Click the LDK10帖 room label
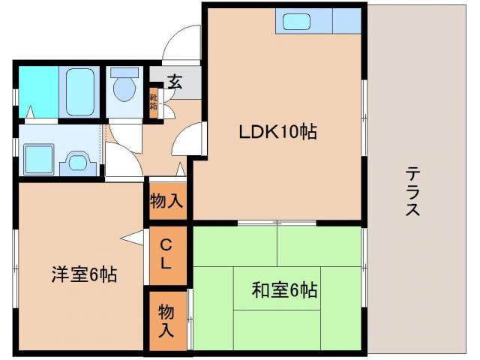[x=277, y=133]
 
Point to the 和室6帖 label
[x=283, y=289]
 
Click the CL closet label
[x=167, y=255]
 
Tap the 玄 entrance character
[x=175, y=81]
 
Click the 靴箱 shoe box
[x=153, y=101]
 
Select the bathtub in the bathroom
[x=78, y=91]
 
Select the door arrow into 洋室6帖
[x=133, y=239]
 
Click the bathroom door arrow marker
[x=31, y=112]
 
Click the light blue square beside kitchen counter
[x=346, y=20]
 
